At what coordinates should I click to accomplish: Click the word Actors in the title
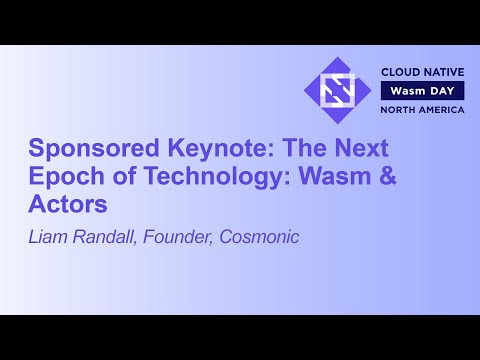point(67,205)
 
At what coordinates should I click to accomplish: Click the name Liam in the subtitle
point(49,237)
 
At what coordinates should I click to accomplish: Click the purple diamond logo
point(337,91)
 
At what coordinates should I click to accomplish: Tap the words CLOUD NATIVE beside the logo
point(421,73)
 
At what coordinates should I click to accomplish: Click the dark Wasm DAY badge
point(421,91)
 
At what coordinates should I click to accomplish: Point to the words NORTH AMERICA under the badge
point(421,109)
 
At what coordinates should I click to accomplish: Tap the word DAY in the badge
point(443,91)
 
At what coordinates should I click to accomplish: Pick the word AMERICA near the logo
point(442,109)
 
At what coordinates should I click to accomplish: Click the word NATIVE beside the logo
point(443,73)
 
